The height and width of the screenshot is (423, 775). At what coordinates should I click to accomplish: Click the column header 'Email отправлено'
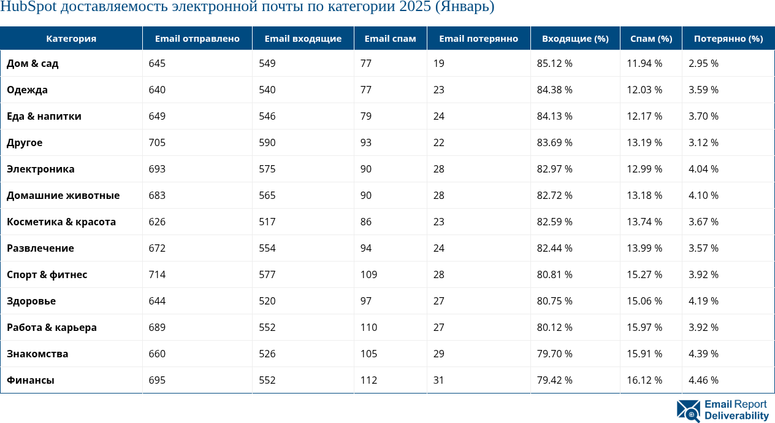197,39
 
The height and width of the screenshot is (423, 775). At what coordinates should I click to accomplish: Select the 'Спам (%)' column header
651,39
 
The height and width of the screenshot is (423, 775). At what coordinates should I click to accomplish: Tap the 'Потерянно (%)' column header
728,39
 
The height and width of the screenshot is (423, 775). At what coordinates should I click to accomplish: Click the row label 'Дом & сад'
32,63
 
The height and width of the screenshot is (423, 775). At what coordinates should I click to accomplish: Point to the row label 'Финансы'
31,380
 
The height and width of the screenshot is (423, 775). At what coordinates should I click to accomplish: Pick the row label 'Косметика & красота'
61,222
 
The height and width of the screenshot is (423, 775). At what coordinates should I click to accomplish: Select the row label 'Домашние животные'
63,195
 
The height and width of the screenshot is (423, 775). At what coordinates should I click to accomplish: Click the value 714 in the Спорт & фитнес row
157,274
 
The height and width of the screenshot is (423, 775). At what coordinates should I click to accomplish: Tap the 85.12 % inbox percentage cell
554,63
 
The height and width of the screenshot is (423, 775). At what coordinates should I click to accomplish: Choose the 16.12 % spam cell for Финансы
644,380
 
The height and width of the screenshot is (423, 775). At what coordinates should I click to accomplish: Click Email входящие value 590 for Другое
267,142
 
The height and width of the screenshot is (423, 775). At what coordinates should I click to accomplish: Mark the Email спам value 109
368,274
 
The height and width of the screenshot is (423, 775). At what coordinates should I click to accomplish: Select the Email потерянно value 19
438,63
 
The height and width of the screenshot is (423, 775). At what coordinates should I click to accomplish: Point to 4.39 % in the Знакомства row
703,354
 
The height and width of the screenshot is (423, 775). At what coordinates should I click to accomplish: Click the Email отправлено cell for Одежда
157,90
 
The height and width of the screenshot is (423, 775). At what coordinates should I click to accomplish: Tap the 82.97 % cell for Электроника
554,169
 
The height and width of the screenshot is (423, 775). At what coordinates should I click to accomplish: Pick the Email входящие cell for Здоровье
267,301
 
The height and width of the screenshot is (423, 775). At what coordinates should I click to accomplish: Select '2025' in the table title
415,7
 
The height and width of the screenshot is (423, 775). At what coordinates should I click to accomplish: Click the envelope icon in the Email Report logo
688,411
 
